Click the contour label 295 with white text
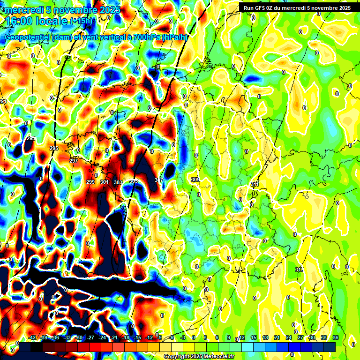click(54, 148)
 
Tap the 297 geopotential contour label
click(74, 161)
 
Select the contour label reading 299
click(90, 182)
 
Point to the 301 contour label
click(104, 182)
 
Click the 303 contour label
click(118, 182)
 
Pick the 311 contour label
click(255, 184)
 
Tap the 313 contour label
click(299, 270)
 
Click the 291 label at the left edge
click(3, 102)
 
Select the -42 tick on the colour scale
click(32, 337)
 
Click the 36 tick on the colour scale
click(336, 337)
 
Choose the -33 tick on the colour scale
click(67, 337)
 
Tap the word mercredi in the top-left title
click(22, 10)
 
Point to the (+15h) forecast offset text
click(81, 21)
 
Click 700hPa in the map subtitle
click(145, 37)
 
